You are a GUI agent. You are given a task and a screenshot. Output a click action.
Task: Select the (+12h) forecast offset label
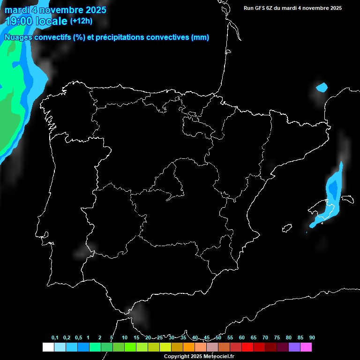coord(81,21)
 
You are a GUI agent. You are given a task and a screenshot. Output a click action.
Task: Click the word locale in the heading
coord(52,22)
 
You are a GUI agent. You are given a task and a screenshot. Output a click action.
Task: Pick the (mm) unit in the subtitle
coord(200,37)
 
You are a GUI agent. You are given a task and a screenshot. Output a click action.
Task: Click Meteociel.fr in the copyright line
coord(218,357)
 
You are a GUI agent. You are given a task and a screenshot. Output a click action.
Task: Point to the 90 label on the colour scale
coord(312,338)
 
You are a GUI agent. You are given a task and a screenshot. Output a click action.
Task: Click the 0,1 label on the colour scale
coord(55,338)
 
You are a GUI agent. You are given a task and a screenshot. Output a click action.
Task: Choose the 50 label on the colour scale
coord(218,338)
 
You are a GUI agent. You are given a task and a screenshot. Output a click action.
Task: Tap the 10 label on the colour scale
coord(124,338)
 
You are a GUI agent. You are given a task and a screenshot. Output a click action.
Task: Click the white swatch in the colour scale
coord(48,347)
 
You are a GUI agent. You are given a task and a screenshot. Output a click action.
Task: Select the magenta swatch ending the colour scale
coord(306,347)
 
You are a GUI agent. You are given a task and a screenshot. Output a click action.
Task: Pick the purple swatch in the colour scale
coord(294,347)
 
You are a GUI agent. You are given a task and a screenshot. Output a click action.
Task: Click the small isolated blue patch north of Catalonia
coord(322,87)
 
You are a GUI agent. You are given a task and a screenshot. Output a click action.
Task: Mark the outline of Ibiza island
coord(285,228)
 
